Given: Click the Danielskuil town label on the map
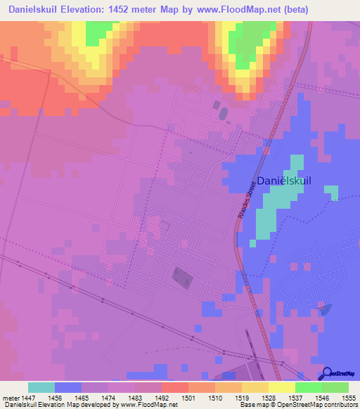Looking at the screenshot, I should point(284,181).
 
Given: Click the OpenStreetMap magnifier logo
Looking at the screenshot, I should point(328,373).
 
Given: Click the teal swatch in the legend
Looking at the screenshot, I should point(41,387).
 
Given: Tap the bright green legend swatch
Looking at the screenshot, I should point(309,387).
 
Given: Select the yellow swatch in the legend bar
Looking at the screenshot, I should point(282,387).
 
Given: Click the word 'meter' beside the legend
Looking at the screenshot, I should point(10,397).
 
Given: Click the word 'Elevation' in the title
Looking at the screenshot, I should point(86,11).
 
